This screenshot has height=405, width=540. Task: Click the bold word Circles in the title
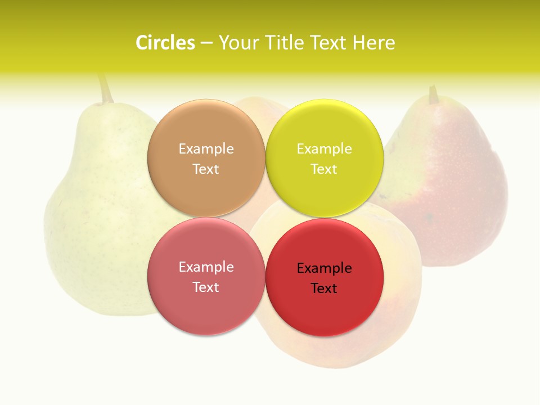coord(165,43)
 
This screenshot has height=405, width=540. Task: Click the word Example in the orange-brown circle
coord(206,148)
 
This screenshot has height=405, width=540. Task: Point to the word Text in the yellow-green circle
coord(324,169)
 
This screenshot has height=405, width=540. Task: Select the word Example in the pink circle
coord(206,267)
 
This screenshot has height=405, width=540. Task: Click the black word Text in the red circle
coord(324,288)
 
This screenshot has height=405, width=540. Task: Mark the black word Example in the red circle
coord(324,268)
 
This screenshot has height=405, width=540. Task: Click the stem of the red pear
coord(433,94)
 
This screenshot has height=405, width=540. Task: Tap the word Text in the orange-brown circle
coord(206,169)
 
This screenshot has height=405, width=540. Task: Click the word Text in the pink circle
coord(206,287)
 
